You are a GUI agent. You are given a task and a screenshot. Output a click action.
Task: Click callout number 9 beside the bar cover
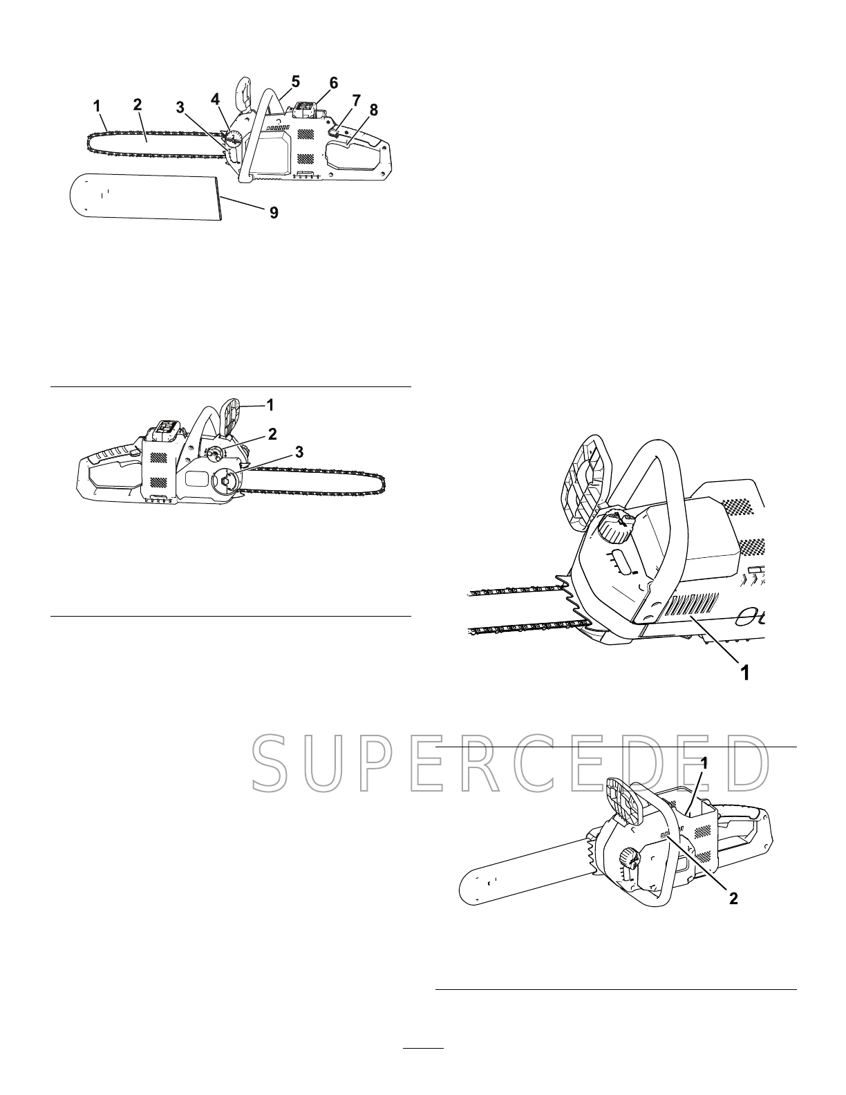click(274, 213)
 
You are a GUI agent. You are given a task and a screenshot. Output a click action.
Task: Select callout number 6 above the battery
click(333, 83)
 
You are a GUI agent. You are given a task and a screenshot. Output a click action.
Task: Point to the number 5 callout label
click(295, 81)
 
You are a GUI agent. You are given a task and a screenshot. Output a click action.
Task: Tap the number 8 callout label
click(373, 109)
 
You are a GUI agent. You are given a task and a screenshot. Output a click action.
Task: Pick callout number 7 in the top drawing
click(356, 101)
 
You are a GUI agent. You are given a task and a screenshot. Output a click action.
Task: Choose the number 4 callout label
click(216, 99)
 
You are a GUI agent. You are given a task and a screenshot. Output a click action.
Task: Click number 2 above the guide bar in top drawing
click(138, 105)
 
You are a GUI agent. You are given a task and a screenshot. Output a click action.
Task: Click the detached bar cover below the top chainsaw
click(144, 196)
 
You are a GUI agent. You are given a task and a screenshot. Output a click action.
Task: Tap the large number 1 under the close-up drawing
click(744, 672)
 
